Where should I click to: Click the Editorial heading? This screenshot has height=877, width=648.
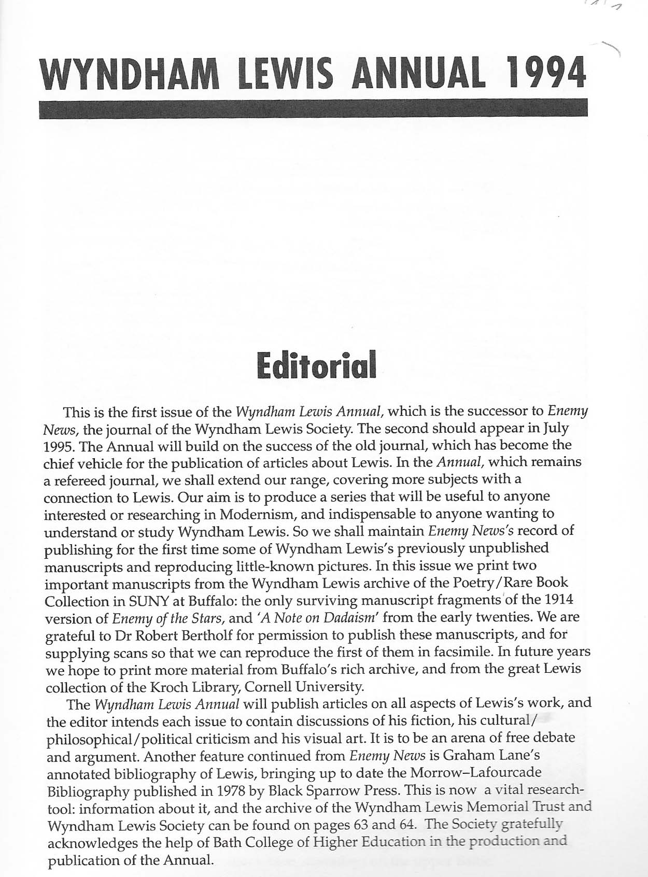tap(316, 365)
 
